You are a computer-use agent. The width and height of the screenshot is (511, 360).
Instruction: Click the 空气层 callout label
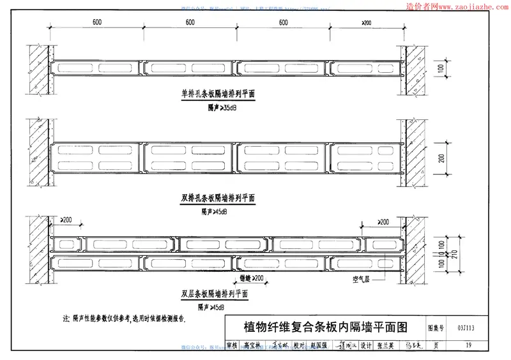tap(362, 279)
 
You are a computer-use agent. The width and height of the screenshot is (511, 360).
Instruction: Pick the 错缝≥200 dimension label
tap(251, 279)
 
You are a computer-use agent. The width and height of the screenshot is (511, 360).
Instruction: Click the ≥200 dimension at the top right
tap(367, 23)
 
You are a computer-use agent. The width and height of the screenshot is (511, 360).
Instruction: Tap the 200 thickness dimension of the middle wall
tap(441, 158)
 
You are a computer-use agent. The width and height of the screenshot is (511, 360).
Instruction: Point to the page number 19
tap(469, 345)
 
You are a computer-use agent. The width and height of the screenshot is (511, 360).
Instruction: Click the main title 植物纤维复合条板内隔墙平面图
tap(326, 328)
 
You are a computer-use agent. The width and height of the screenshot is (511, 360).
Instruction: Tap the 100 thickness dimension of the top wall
tap(441, 68)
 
